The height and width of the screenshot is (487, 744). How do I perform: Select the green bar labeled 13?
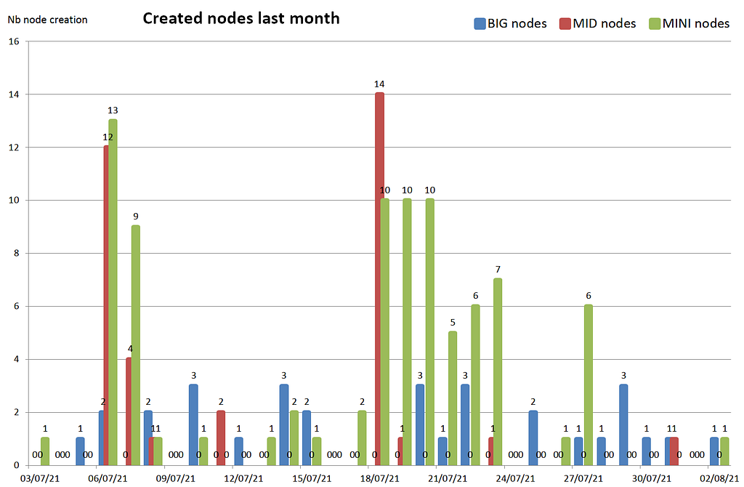(113, 291)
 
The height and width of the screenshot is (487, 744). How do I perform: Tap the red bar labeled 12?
(106, 305)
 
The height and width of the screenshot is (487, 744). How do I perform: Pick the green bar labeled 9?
(136, 345)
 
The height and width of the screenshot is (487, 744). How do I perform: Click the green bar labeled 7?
(498, 371)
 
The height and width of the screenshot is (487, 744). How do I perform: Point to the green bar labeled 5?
(453, 398)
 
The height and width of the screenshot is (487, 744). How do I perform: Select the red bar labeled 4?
(129, 411)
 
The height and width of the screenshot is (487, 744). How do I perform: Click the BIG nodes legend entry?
(510, 23)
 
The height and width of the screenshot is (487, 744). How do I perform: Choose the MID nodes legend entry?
(597, 23)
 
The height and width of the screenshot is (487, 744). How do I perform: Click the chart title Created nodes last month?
(241, 18)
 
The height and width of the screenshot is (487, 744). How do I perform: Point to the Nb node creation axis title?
(47, 20)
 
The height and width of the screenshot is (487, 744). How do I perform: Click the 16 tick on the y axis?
(14, 41)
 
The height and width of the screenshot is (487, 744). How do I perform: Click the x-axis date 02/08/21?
(719, 478)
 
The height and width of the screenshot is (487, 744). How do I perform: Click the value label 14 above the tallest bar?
(379, 84)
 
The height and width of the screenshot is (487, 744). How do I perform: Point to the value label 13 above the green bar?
(113, 110)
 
